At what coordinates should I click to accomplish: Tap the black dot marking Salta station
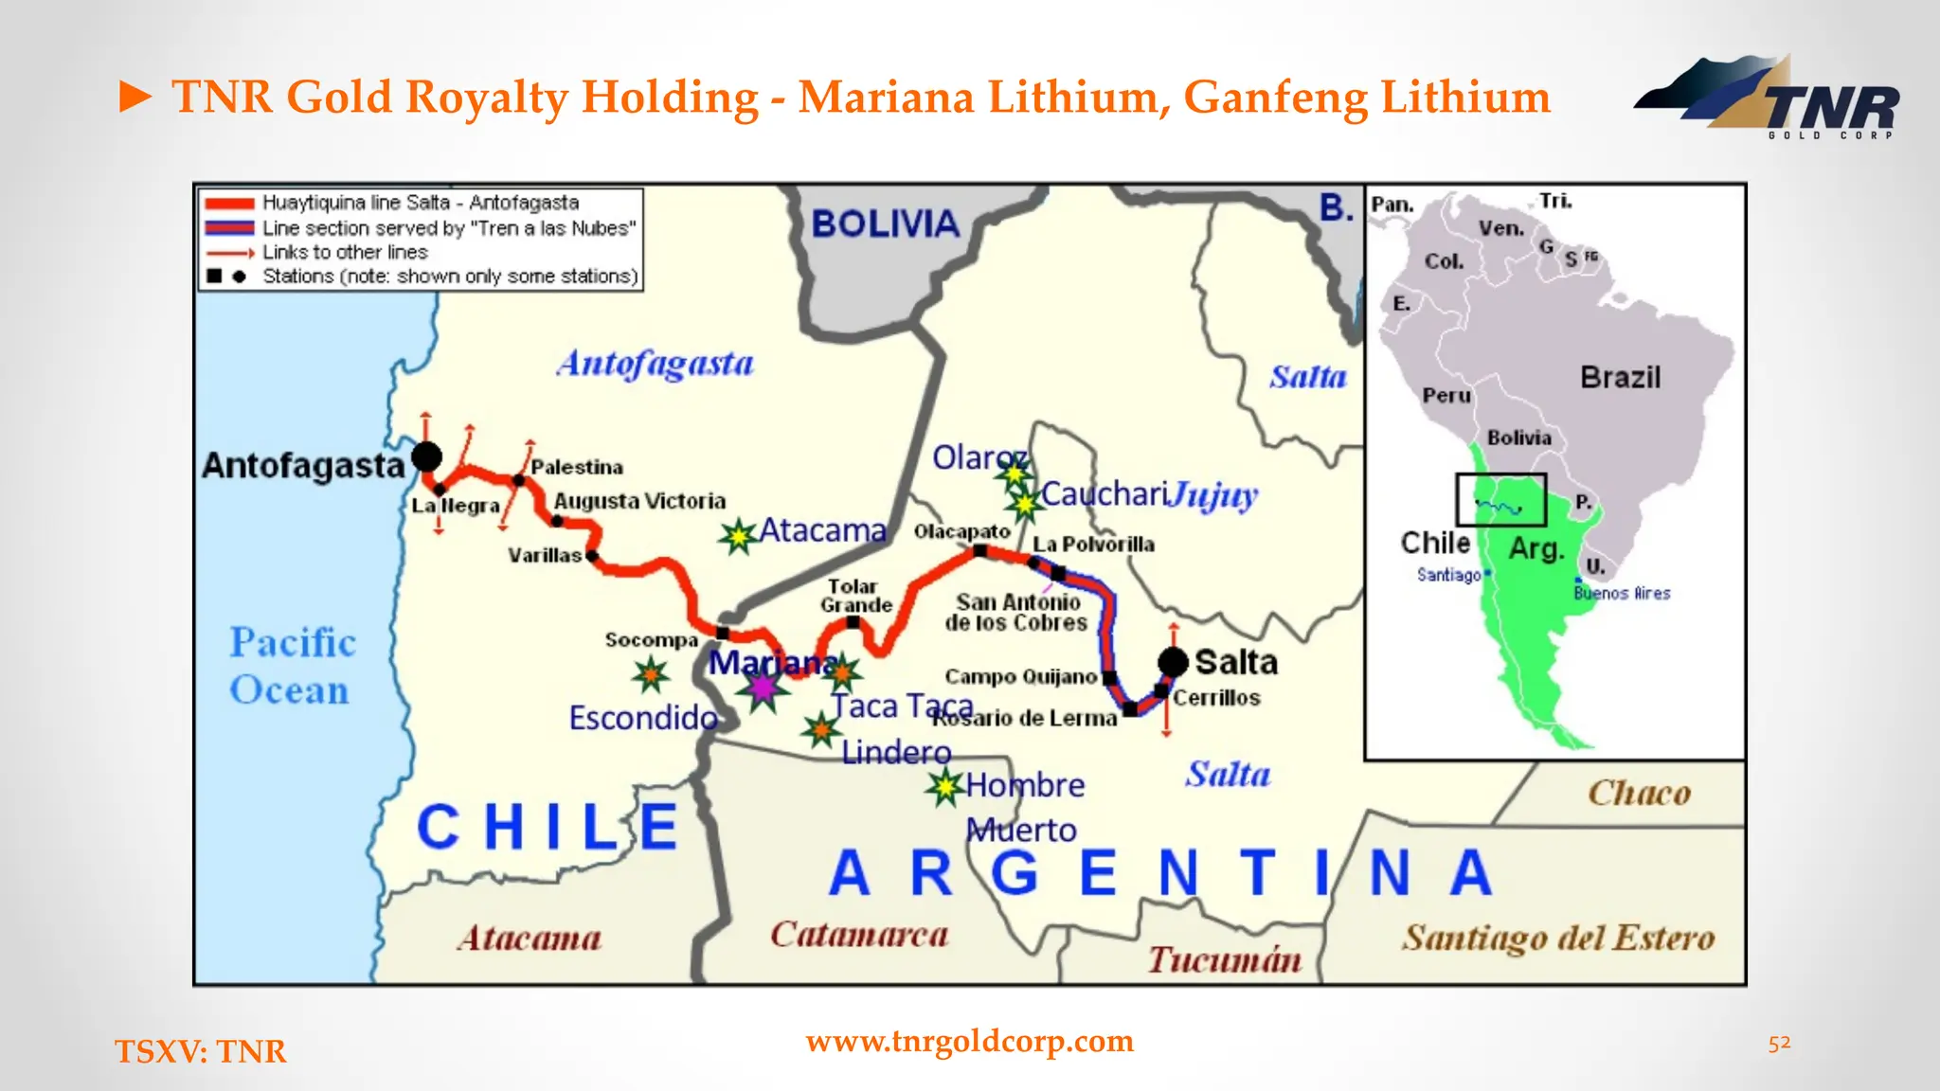click(1173, 662)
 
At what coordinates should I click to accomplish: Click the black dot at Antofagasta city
click(426, 456)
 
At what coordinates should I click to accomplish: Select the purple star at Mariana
click(763, 687)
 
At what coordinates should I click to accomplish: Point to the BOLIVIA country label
click(886, 224)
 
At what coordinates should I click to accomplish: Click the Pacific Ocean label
click(292, 666)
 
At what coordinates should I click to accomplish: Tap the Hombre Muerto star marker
click(944, 786)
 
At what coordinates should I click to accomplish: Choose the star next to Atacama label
click(737, 537)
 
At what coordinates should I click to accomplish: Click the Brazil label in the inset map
click(1620, 378)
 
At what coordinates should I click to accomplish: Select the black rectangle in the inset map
click(1500, 499)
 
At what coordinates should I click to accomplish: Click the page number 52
click(1779, 1043)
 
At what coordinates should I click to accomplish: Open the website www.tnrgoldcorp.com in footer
click(969, 1041)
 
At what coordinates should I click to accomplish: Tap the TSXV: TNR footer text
click(200, 1051)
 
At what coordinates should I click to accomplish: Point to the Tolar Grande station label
click(855, 596)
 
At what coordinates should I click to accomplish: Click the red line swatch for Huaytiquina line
click(229, 204)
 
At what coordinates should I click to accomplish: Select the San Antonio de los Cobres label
click(1016, 613)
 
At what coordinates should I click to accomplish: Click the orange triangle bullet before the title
click(135, 97)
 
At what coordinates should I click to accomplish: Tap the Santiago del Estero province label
click(1558, 938)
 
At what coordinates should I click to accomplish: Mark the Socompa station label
click(651, 640)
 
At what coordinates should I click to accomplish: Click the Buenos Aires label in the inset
click(1622, 594)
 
